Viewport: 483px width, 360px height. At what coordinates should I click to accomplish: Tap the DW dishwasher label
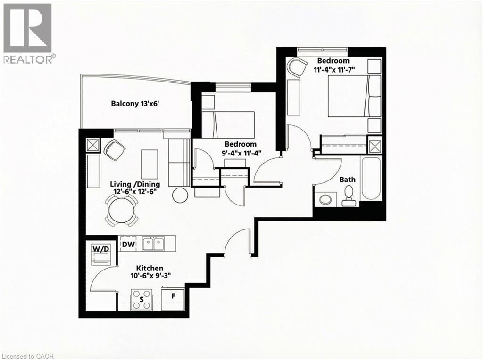click(128, 244)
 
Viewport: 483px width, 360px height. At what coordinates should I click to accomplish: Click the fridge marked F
click(174, 297)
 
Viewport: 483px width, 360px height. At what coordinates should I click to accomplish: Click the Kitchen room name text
click(150, 267)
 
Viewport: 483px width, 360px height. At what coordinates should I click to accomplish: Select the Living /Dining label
click(135, 184)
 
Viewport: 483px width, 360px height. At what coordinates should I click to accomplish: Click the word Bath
click(348, 180)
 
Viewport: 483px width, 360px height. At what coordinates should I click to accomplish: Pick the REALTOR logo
click(28, 33)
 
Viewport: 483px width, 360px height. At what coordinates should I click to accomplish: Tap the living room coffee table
click(149, 164)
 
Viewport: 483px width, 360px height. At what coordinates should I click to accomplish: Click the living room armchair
click(115, 150)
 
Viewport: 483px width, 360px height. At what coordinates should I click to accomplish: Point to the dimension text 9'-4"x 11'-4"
click(241, 153)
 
